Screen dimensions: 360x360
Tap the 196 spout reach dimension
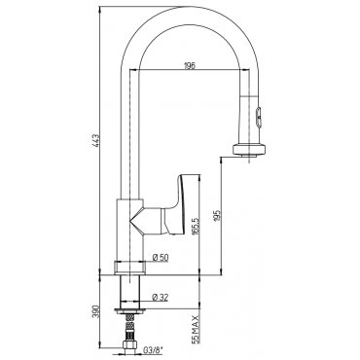pyautogui.click(x=190, y=66)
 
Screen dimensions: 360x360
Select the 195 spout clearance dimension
pyautogui.click(x=217, y=215)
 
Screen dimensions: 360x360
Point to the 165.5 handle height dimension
pyautogui.click(x=196, y=225)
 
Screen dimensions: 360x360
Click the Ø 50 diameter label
pyautogui.click(x=160, y=258)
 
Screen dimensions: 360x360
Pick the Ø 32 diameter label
pyautogui.click(x=160, y=297)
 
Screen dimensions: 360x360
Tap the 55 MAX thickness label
pyautogui.click(x=195, y=329)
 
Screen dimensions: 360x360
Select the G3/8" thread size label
pyautogui.click(x=153, y=350)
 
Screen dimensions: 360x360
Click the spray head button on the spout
pyautogui.click(x=258, y=118)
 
